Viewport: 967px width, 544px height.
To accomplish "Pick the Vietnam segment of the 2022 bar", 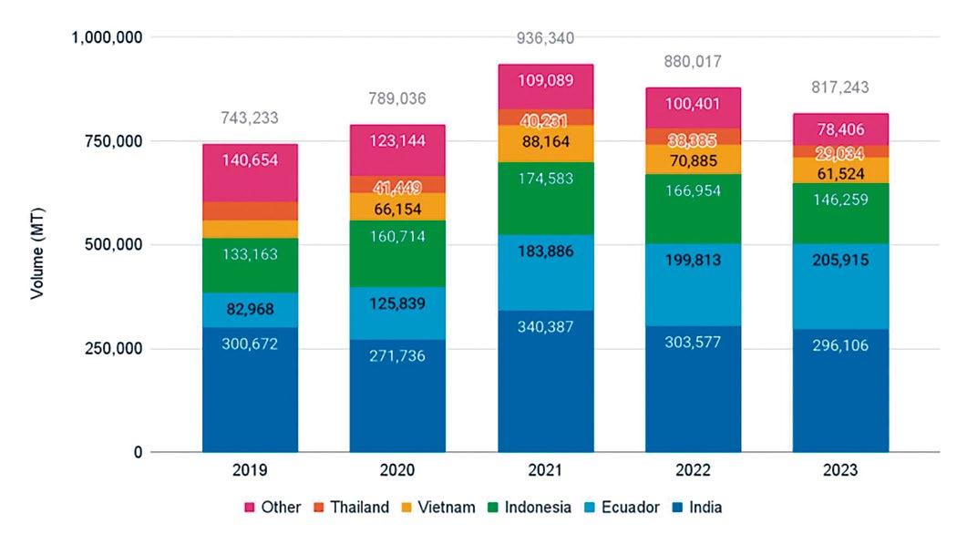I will (693, 159).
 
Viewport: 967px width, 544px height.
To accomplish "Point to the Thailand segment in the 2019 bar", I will (250, 210).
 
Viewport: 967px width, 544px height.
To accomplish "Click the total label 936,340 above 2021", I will (545, 38).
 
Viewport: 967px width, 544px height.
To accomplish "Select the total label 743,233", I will (250, 118).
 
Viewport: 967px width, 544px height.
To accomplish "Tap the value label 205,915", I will (840, 260).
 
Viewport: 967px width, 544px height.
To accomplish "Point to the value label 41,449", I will (397, 189).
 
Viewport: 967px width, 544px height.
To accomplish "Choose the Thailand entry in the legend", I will (350, 508).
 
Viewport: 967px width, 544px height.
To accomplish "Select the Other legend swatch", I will (250, 508).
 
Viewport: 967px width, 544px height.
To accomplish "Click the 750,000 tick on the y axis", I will (106, 141).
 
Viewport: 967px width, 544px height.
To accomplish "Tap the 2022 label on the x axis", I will (693, 471).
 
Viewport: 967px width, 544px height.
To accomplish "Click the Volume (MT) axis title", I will (37, 245).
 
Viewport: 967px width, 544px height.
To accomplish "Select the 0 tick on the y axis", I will (138, 453).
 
